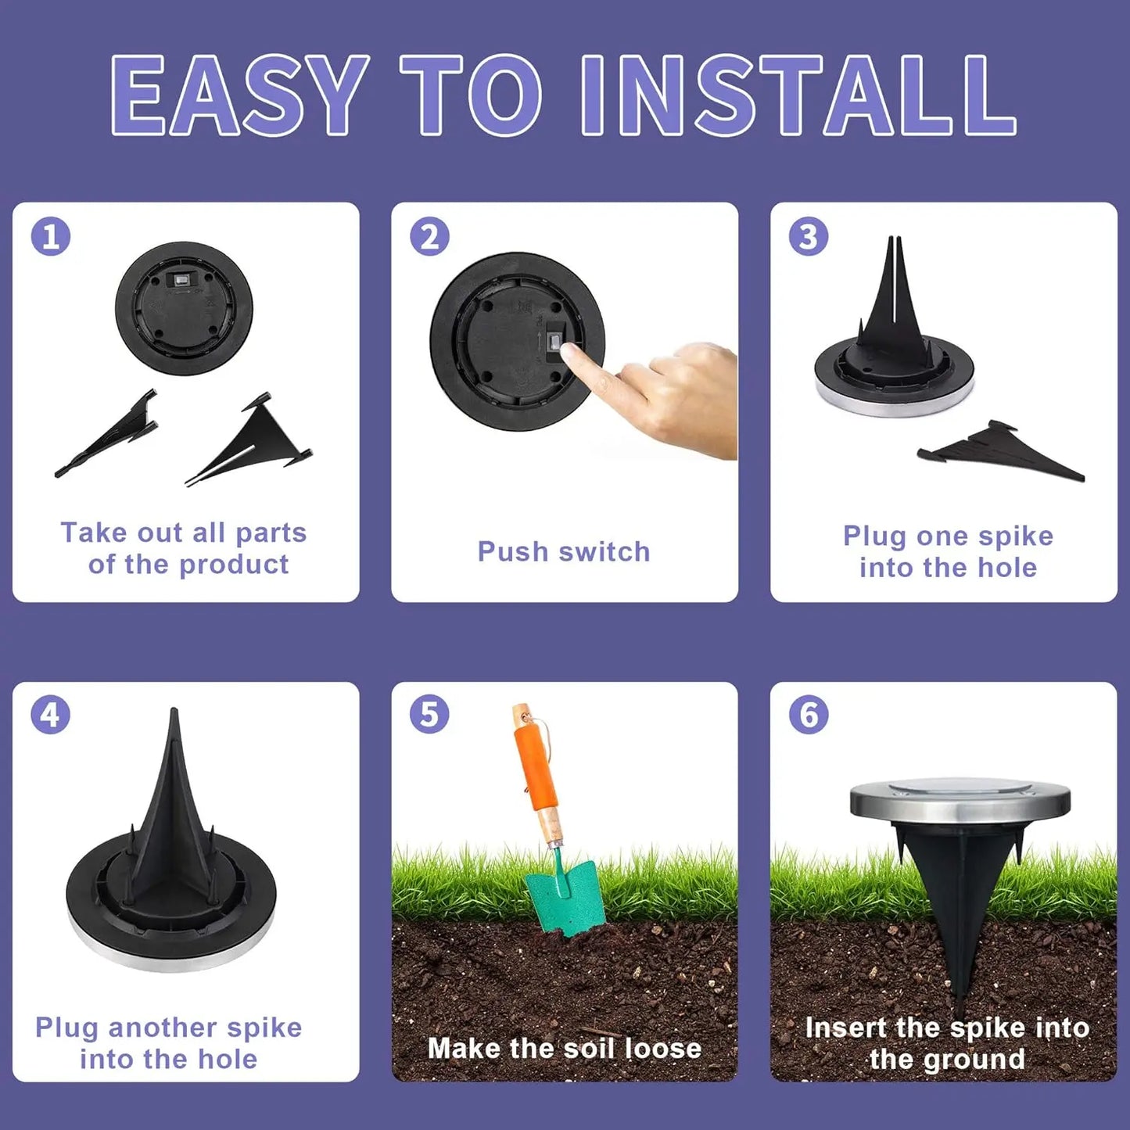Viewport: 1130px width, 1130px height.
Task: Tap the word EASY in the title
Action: tap(239, 96)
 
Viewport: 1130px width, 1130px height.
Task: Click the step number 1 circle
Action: tap(51, 236)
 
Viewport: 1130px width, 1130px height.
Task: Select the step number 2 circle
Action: tap(429, 236)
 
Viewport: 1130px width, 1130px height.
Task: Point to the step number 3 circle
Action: tap(808, 236)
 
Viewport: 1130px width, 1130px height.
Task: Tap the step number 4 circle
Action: tap(51, 715)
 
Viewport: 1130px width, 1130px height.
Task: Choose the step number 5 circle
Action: tap(429, 715)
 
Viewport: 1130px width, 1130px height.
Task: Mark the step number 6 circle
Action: tap(808, 715)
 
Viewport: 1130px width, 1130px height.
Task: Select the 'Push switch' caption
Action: tap(564, 551)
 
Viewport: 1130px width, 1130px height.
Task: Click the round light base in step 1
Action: tap(185, 308)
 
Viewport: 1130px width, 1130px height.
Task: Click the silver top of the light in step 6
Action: tap(960, 798)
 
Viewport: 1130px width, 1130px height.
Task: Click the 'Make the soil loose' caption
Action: tap(564, 1048)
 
